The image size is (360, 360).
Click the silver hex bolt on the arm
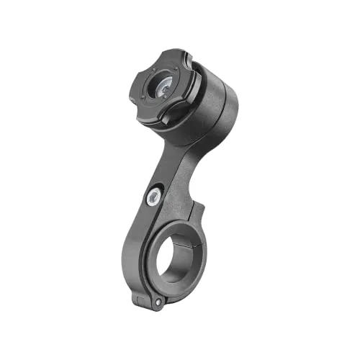[x=154, y=197]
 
